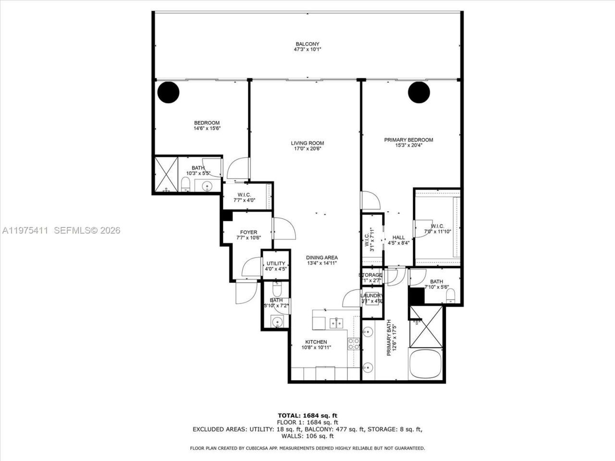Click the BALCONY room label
click(x=307, y=44)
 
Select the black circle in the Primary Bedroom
click(x=419, y=92)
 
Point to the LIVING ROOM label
click(x=307, y=143)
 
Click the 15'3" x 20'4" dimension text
click(x=408, y=146)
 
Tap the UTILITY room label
click(x=276, y=263)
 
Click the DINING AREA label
click(x=322, y=257)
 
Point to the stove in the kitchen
click(x=354, y=343)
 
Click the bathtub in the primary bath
click(x=425, y=363)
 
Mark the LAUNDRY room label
click(x=372, y=296)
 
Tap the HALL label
click(x=398, y=237)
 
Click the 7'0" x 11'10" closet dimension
click(x=437, y=232)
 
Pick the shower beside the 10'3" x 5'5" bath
click(x=165, y=174)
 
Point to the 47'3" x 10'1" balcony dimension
click(x=307, y=49)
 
